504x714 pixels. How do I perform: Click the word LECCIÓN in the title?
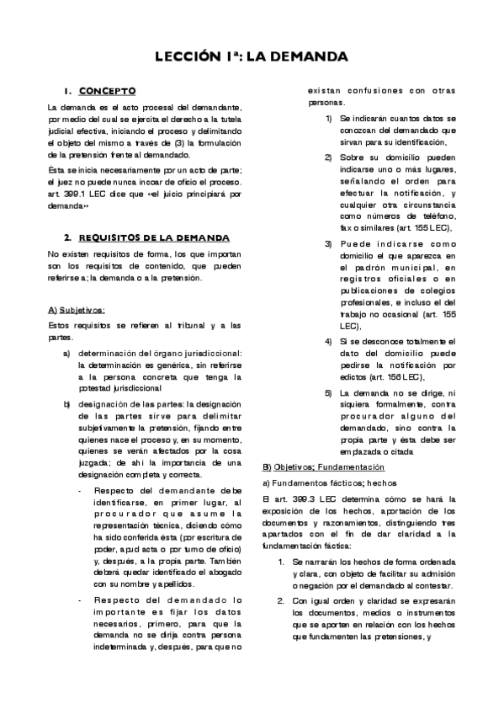pyautogui.click(x=189, y=57)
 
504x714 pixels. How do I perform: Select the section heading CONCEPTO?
pyautogui.click(x=107, y=91)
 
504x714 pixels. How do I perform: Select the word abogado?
pyautogui.click(x=201, y=570)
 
